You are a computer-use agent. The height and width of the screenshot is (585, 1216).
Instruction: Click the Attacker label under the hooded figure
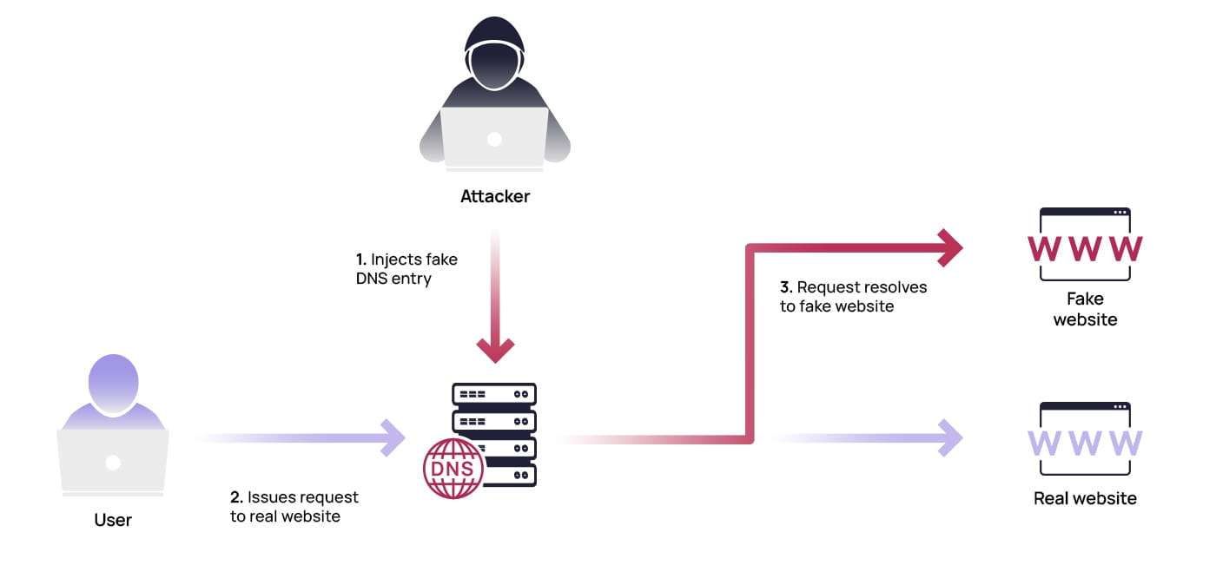(494, 196)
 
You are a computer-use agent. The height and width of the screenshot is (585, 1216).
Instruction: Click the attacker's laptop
(494, 137)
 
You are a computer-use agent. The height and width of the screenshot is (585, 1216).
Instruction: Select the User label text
(113, 521)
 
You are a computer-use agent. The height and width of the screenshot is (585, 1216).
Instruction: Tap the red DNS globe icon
(453, 468)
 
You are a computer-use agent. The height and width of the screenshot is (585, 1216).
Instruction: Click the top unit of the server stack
(494, 394)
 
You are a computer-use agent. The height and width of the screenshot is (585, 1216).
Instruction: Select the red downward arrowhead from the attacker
(495, 349)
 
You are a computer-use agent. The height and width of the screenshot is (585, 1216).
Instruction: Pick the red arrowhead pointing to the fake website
(948, 248)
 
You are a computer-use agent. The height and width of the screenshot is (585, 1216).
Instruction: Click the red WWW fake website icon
(1085, 248)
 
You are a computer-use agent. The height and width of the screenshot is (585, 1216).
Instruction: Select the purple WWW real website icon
(1085, 443)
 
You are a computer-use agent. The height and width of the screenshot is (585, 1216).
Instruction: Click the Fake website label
(1085, 309)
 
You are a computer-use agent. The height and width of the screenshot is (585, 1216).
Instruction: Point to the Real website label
(1085, 498)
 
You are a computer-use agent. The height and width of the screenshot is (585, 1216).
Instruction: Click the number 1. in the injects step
(361, 260)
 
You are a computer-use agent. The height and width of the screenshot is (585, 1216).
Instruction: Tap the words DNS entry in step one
(393, 279)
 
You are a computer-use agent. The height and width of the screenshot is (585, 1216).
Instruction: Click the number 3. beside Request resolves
(786, 287)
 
